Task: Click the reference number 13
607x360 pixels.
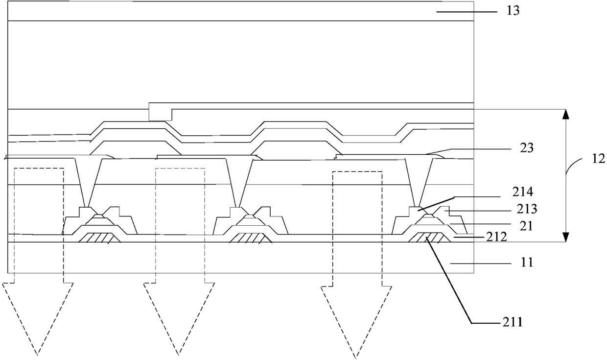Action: point(513,11)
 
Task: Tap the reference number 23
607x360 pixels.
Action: point(527,148)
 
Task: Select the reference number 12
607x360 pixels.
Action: point(598,159)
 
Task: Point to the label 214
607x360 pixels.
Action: point(523,192)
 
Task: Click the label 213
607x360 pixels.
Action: point(527,209)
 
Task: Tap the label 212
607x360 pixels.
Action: point(496,237)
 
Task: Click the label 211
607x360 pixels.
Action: point(513,322)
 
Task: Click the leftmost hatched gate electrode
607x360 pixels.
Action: point(99,238)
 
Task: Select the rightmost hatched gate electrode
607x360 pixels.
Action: point(429,237)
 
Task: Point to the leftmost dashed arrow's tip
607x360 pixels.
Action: point(37,355)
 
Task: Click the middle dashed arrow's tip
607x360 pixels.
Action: point(179,355)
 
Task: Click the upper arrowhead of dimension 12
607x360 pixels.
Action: point(565,115)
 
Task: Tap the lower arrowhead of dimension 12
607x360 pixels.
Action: point(565,237)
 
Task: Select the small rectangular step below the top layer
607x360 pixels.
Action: point(161,115)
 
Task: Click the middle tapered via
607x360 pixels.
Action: point(239,183)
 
